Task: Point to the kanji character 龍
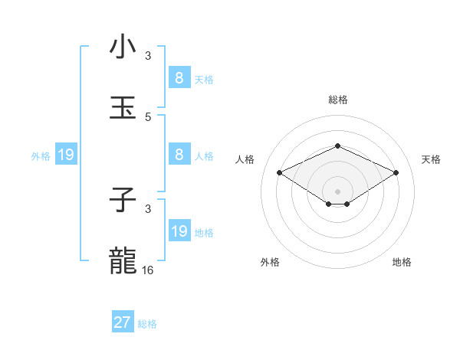123,261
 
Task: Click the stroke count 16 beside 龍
148,270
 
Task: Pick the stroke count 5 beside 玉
148,117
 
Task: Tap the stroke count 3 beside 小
148,56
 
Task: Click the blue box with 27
123,322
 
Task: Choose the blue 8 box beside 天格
179,78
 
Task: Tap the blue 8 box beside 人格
179,155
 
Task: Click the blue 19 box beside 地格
179,231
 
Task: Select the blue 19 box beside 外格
66,155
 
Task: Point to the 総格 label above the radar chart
337,100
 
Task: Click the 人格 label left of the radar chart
245,159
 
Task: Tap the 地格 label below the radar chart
402,263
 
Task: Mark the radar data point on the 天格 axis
396,172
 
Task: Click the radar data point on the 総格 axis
337,146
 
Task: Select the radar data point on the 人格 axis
279,172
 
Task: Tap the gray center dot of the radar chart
337,191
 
